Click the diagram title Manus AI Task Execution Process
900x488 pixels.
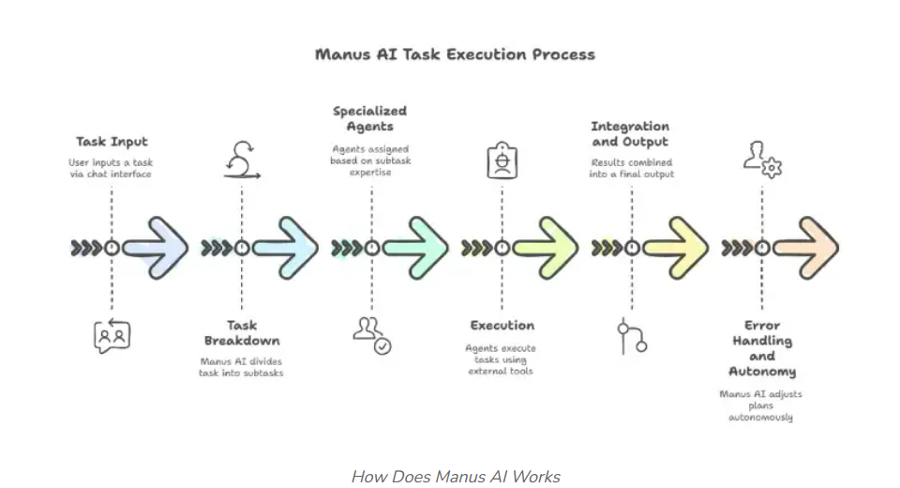pyautogui.click(x=455, y=53)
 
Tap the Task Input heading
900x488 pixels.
pyautogui.click(x=112, y=142)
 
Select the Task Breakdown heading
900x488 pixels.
pyautogui.click(x=242, y=332)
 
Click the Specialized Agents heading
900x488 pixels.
pyautogui.click(x=369, y=118)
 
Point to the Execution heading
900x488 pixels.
pyautogui.click(x=502, y=326)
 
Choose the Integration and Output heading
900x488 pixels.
pyautogui.click(x=630, y=133)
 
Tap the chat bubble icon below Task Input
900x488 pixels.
pyautogui.click(x=112, y=334)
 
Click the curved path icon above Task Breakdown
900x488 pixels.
pyautogui.click(x=242, y=160)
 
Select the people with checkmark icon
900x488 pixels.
pyautogui.click(x=371, y=334)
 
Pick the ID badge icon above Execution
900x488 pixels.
pyautogui.click(x=502, y=160)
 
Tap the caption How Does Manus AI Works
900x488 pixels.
pyautogui.click(x=455, y=477)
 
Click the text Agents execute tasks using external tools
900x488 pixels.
pyautogui.click(x=502, y=359)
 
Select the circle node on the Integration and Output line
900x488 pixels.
pyautogui.click(x=632, y=248)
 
